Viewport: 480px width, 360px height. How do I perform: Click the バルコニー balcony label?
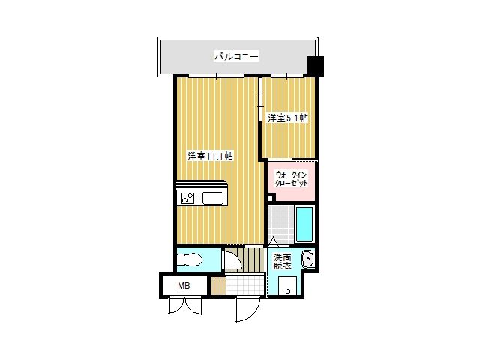coord(237,57)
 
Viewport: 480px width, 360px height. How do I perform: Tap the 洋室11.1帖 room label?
coord(210,157)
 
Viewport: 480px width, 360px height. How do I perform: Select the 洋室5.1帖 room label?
coord(288,118)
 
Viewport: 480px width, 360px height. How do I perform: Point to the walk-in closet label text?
coord(292,179)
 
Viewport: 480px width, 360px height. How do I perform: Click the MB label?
coord(184,286)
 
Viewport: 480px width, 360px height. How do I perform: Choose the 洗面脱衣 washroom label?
coord(282,262)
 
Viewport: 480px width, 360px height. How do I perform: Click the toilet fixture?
coord(190,260)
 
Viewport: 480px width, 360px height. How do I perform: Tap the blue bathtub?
coord(304,223)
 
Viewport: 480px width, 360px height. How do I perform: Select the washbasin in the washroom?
coord(307,259)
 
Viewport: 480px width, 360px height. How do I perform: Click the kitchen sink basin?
coord(213,198)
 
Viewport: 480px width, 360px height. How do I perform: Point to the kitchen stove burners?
coord(187,198)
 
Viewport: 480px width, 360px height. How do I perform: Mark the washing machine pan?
coord(288,286)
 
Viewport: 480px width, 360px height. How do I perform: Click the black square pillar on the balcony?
coord(315,67)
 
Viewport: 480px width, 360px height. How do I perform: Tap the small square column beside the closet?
coord(270,198)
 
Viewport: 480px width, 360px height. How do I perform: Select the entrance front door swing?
coord(248,309)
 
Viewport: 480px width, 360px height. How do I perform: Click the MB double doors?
coord(185,305)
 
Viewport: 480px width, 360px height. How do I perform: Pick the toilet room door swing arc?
coord(232,260)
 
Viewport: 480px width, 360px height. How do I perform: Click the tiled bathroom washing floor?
coord(280,224)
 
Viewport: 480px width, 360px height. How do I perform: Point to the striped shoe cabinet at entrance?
coord(218,285)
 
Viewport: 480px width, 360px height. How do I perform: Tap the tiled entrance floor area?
coord(245,285)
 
